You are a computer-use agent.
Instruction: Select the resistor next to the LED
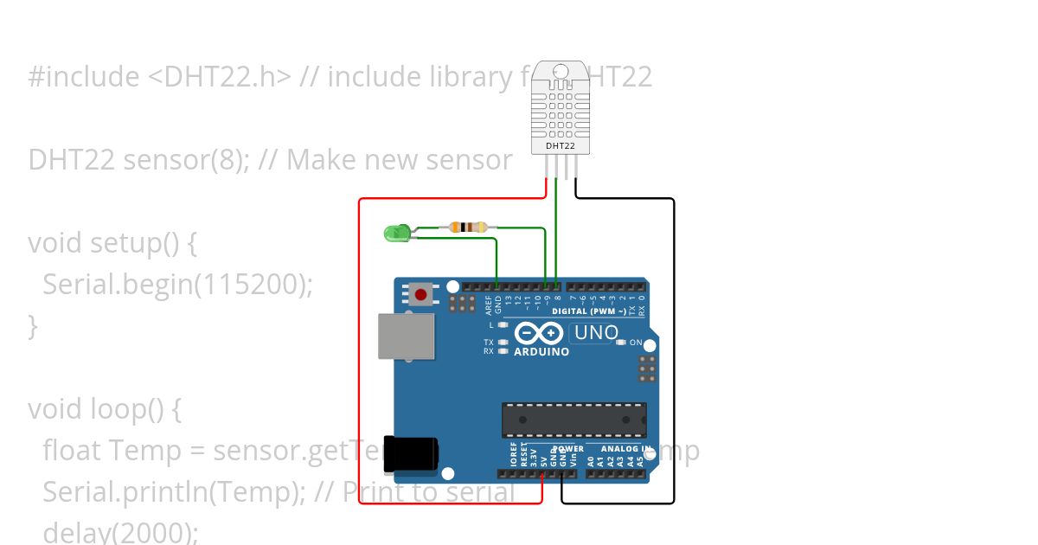468,228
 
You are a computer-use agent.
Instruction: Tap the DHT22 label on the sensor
561,146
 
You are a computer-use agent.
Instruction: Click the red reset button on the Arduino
421,295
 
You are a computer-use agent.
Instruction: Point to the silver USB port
406,336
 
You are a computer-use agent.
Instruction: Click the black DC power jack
410,455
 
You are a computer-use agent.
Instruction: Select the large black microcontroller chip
574,420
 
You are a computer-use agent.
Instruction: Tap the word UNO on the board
597,333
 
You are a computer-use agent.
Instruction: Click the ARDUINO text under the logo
541,352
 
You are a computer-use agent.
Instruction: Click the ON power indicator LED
621,343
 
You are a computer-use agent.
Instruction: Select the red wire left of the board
359,346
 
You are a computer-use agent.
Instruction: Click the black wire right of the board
674,346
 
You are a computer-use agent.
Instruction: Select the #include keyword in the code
83,78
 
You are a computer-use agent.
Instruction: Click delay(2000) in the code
120,532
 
